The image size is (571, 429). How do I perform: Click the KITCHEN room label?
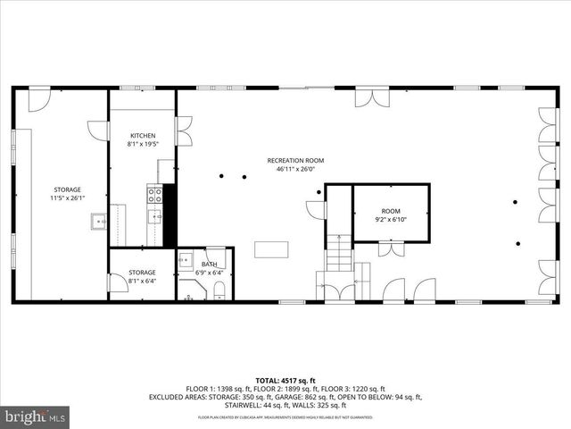[x=142, y=135]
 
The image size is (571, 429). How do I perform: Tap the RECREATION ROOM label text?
[x=295, y=161]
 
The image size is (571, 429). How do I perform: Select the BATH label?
[x=209, y=265]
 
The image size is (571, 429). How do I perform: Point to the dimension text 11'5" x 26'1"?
[x=66, y=198]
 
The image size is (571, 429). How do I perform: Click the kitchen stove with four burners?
[x=155, y=191]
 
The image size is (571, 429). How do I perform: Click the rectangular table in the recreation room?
[x=270, y=249]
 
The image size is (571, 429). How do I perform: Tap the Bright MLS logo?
[x=36, y=416]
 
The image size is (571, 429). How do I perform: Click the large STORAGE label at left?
[x=66, y=189]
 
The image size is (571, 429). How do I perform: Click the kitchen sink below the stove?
[x=155, y=214]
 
